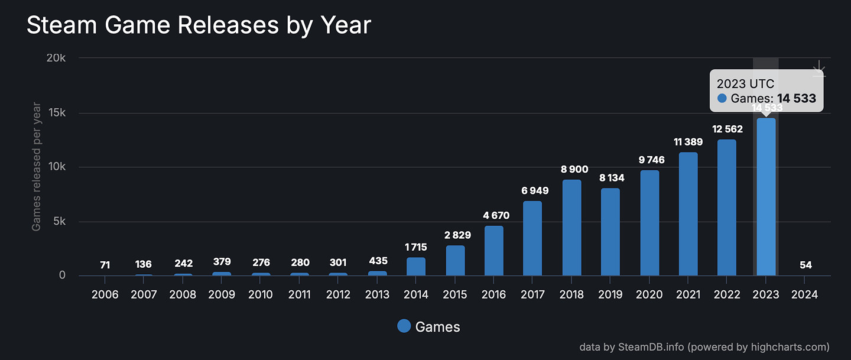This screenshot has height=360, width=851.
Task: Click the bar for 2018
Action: coord(571,228)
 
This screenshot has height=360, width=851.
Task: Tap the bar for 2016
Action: coord(494,251)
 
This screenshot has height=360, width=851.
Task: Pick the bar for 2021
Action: coord(688,214)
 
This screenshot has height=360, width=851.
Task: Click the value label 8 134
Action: coord(610,177)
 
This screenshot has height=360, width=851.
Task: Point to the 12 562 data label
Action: coord(727,129)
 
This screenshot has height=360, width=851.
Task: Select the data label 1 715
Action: coord(416,247)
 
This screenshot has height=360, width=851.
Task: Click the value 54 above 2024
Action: coord(805,265)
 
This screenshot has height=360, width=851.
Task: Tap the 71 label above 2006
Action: coord(105,265)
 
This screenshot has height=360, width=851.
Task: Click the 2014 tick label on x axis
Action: coord(416,295)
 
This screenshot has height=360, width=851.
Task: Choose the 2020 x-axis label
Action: coord(649,295)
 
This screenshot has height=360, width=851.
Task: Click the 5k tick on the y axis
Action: coord(60,222)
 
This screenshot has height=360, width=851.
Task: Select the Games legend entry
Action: coord(429,326)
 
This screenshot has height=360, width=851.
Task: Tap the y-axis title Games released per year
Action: coord(37,167)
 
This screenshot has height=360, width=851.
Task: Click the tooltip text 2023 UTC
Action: coord(745,83)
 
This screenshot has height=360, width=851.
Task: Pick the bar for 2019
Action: coord(610,232)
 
